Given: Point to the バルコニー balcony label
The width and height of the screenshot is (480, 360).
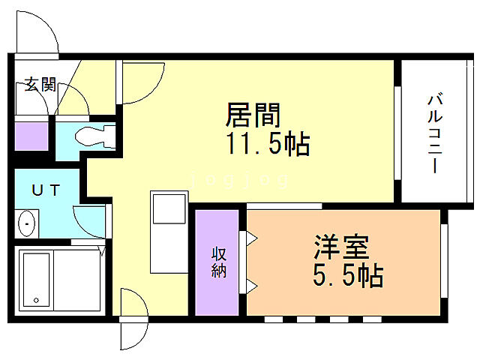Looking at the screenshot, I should (434, 133).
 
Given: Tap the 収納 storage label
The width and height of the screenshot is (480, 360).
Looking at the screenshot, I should (218, 262).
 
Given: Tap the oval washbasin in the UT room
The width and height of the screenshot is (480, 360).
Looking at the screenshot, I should (28, 223).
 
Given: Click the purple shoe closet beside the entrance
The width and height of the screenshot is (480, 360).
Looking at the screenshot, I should (31, 136).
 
